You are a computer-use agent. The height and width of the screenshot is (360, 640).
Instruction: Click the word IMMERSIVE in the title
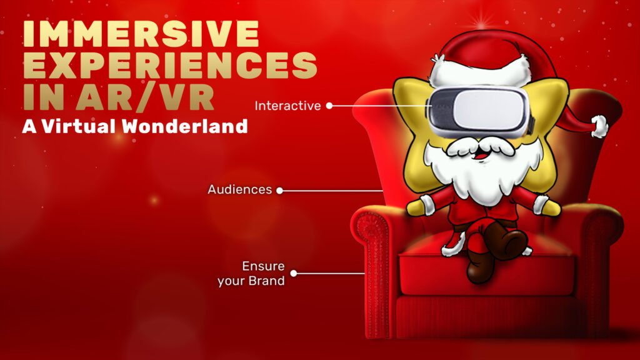pyautogui.click(x=141, y=34)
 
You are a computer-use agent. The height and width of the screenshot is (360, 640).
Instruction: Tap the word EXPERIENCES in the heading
pyautogui.click(x=170, y=65)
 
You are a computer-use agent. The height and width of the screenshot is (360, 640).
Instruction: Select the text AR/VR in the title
pyautogui.click(x=144, y=97)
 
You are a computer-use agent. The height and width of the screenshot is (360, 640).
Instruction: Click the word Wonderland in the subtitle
pyautogui.click(x=185, y=126)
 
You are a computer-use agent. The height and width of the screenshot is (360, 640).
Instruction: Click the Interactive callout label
pyautogui.click(x=287, y=106)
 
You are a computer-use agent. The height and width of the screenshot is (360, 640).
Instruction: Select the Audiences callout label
pyautogui.click(x=239, y=189)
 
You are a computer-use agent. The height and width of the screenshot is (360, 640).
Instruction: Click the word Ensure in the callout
pyautogui.click(x=263, y=266)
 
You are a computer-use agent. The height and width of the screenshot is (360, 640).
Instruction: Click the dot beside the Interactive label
pyautogui.click(x=329, y=106)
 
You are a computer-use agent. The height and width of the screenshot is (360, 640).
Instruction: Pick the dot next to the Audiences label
pyautogui.click(x=279, y=190)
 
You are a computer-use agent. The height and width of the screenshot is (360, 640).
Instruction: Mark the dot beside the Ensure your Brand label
pyautogui.click(x=294, y=273)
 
